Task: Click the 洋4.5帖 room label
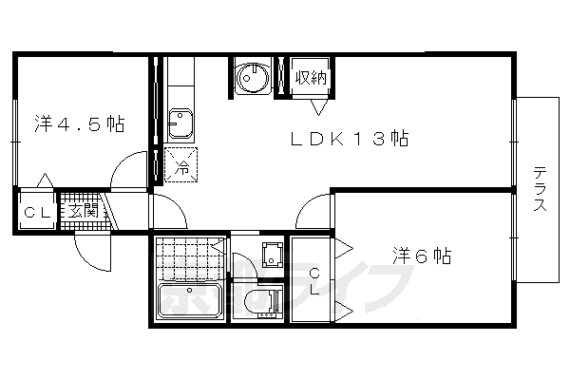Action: [x=80, y=123]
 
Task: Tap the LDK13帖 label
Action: [x=349, y=140]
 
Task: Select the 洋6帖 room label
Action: [x=422, y=256]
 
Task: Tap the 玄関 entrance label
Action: [x=82, y=211]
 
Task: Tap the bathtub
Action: [x=189, y=302]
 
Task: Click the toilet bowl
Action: [x=259, y=302]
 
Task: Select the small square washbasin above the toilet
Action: [x=271, y=253]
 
